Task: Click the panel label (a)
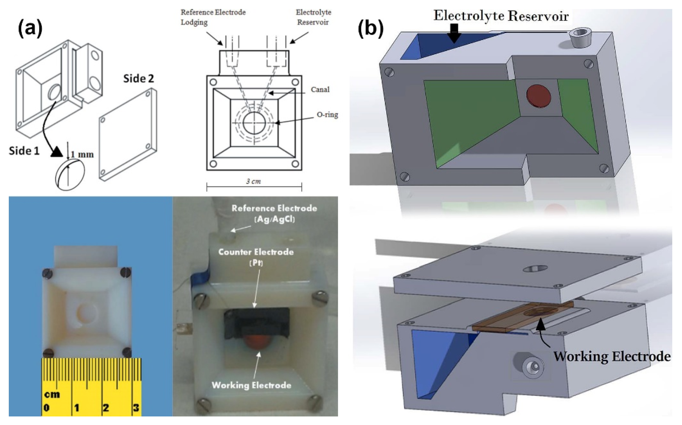[30, 29]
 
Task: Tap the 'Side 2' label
[139, 79]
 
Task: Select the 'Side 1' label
[24, 151]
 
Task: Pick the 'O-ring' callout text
[327, 115]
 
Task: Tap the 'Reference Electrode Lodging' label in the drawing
[213, 17]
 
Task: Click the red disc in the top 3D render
[538, 96]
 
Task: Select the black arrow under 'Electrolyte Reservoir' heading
[454, 33]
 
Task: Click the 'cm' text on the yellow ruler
[52, 394]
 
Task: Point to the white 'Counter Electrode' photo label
[256, 252]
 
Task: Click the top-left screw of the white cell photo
[47, 273]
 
